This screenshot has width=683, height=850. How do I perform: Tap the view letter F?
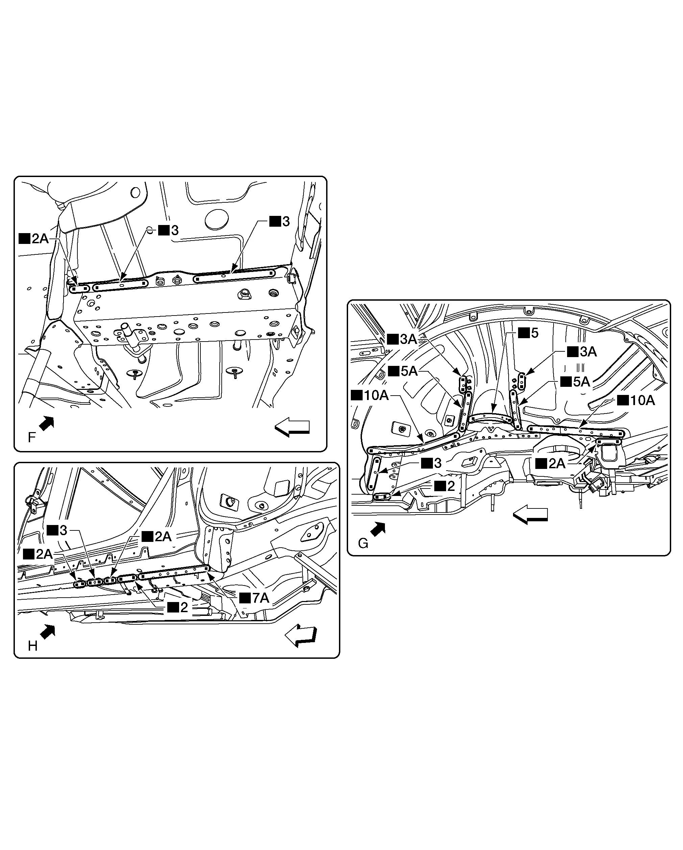[x=31, y=437]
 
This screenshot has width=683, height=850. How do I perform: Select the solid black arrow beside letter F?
[x=47, y=423]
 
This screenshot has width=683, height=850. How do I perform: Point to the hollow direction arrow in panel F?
[x=292, y=427]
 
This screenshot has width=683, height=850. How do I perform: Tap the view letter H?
[x=32, y=646]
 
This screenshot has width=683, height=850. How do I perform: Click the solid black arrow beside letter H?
[x=48, y=631]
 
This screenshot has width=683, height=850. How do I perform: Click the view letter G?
[x=363, y=544]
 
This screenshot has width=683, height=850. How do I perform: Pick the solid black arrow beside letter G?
[x=378, y=529]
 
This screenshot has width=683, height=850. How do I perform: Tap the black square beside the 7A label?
[x=245, y=598]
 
